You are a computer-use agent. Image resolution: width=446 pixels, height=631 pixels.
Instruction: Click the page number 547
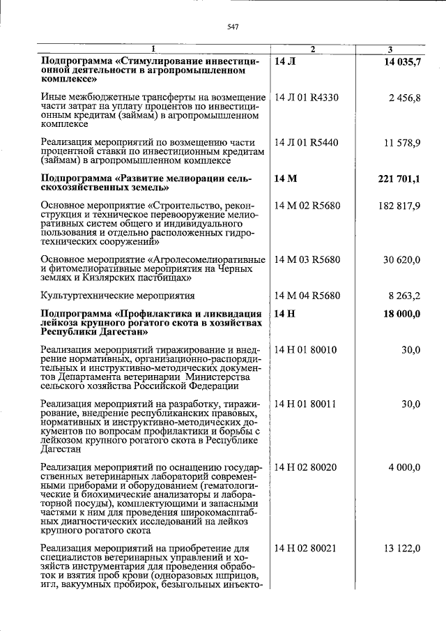233,27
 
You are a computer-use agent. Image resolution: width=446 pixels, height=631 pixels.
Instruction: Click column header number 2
313,49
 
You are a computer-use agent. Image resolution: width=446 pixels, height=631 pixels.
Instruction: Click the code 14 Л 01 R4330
307,98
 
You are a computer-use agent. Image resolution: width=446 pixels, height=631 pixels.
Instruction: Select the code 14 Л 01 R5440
307,142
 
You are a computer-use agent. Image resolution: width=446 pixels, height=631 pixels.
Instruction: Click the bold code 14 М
286,179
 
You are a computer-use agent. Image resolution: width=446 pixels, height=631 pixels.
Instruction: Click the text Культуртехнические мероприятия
118,296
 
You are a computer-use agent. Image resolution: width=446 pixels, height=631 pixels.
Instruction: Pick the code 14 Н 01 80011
306,404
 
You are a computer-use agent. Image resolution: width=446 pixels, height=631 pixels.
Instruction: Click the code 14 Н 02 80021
306,549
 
